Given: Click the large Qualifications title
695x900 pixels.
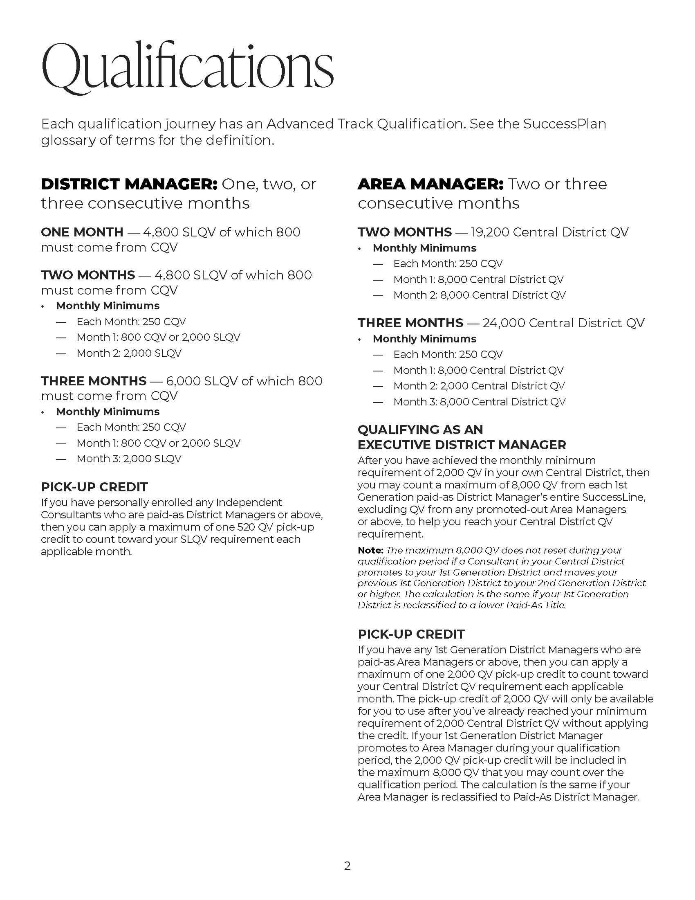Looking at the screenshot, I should click(x=187, y=66).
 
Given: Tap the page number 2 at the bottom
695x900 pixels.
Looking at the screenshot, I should click(x=347, y=866).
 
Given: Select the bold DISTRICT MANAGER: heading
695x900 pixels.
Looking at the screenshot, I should click(x=129, y=184).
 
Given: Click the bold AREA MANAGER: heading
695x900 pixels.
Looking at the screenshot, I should click(x=430, y=184).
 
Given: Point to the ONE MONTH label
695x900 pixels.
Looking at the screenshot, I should click(x=82, y=232).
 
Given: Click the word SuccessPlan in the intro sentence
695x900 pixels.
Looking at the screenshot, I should click(x=565, y=124).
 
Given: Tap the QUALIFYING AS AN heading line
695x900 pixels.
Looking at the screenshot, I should click(x=420, y=430).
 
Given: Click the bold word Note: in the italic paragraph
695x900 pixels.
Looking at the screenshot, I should click(x=370, y=550).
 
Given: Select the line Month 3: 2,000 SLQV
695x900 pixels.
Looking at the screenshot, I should click(x=128, y=459).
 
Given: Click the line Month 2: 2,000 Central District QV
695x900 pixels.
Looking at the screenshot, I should click(x=479, y=386).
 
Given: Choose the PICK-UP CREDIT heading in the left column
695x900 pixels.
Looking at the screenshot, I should click(x=94, y=487).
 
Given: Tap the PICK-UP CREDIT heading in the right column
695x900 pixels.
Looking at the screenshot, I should click(x=411, y=634).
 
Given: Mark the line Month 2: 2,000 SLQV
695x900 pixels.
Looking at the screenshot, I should click(x=128, y=353).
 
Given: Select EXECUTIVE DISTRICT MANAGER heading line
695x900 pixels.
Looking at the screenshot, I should click(x=462, y=445).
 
